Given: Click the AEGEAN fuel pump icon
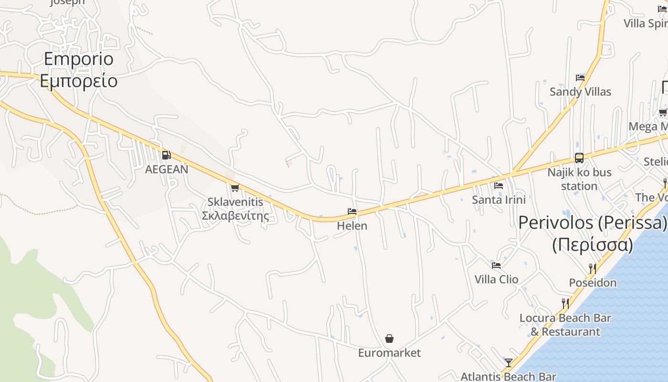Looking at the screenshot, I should click(166, 155).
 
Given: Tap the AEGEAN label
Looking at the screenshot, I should click(167, 169).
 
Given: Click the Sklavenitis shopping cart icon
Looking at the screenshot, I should click(234, 188).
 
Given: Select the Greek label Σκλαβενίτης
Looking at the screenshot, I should click(235, 216).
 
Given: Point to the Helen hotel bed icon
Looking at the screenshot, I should click(352, 211).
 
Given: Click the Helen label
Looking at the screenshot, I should click(352, 225).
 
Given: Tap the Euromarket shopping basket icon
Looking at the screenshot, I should click(389, 339).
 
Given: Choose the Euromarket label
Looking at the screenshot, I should click(389, 353).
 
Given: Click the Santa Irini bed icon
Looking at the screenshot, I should click(499, 185).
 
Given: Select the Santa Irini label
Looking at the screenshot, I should click(499, 200).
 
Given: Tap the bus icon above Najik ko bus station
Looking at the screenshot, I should click(579, 158).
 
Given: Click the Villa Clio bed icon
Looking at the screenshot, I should click(496, 265).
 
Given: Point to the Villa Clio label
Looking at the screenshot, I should click(496, 279).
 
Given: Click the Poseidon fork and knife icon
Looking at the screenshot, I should click(593, 268).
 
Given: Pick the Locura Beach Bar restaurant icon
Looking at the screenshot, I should click(565, 303).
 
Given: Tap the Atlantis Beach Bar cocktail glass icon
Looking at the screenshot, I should click(509, 363).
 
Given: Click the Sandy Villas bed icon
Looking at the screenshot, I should click(580, 77).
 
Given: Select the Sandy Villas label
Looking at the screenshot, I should click(580, 92).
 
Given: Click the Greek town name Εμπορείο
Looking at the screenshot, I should click(79, 81).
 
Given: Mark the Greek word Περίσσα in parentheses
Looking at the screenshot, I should click(593, 245).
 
